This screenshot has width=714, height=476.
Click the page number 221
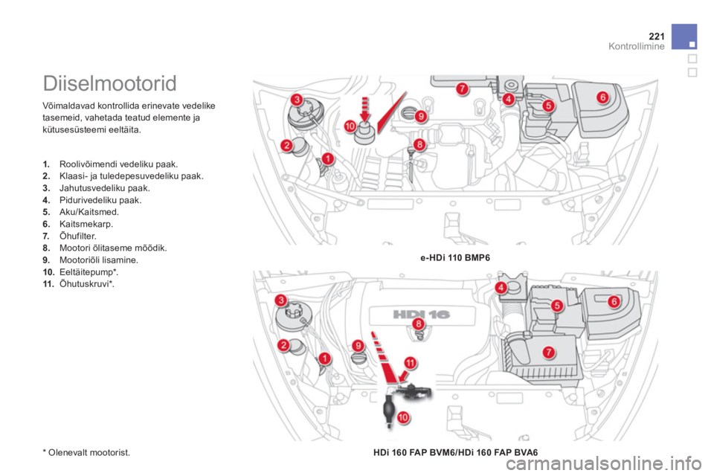tap(657, 36)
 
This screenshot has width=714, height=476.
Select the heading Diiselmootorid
tap(110, 83)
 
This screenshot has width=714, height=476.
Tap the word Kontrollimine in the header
tap(637, 46)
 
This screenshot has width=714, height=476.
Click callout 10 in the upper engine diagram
tap(350, 126)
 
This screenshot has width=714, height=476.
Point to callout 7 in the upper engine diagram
tap(462, 89)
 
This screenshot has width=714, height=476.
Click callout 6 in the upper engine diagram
tap(602, 97)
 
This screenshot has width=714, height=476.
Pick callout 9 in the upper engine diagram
tap(421, 116)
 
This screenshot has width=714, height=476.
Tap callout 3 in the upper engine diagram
tap(297, 100)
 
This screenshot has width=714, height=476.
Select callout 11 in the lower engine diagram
tap(411, 363)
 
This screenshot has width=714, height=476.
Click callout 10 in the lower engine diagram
tap(403, 416)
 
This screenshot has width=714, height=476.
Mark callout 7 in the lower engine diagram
tap(549, 352)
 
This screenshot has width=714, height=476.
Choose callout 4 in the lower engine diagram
tap(501, 287)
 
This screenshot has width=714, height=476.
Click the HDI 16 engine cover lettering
tap(421, 315)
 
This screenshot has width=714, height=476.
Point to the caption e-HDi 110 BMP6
tap(455, 258)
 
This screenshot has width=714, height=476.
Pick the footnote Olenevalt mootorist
tap(86, 452)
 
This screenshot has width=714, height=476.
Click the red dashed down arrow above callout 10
tap(364, 110)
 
